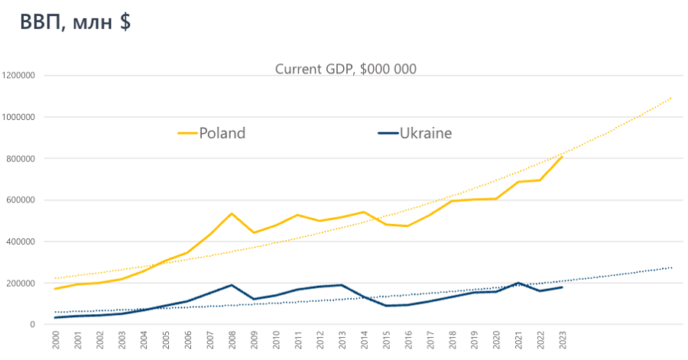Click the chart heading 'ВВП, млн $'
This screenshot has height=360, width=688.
[75, 22]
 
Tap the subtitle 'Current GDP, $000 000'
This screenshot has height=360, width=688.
[346, 69]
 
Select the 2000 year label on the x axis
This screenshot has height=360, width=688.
[56, 341]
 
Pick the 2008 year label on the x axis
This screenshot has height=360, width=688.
[231, 341]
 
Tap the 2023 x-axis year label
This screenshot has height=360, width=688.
[562, 341]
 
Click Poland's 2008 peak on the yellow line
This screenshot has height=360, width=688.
[231, 213]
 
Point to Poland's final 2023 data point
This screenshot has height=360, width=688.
[562, 157]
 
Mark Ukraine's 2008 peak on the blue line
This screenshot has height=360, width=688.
[231, 285]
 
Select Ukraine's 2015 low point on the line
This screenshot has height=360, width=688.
[385, 306]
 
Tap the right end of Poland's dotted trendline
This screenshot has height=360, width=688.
[671, 97]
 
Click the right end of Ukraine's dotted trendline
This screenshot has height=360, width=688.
[671, 268]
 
